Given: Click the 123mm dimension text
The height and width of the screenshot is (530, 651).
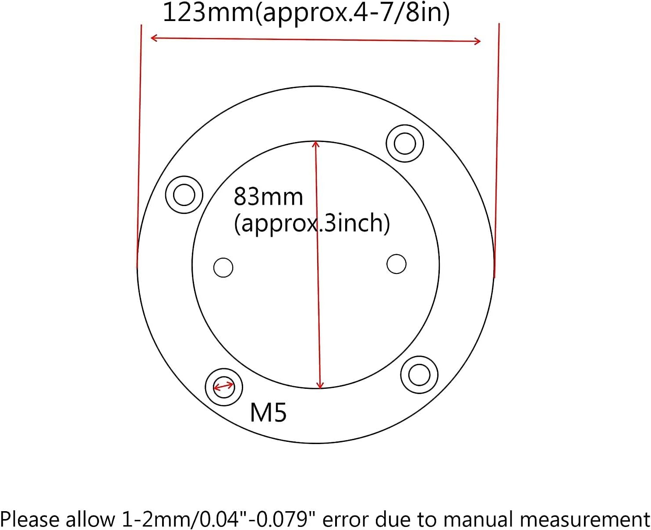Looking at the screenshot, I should coord(306,13).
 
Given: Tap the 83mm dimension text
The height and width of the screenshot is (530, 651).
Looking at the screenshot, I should coord(268,197).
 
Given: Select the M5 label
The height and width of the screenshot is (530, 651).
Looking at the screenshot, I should coord(268,413).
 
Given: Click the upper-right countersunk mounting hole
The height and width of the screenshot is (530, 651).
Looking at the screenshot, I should coord(405,143).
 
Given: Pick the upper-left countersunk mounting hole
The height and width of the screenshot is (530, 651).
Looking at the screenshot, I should coord(184,195).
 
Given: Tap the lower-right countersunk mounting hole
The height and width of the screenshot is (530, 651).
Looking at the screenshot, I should coord(419,375).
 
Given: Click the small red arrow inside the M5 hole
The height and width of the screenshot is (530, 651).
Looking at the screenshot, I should coord(223,386).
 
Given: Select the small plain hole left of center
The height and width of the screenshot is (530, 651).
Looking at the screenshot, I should coord(223,267).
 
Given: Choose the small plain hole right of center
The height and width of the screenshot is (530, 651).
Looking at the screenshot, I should coord(396,264).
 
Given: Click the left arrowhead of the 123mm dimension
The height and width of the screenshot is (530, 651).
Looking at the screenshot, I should coord(154,38).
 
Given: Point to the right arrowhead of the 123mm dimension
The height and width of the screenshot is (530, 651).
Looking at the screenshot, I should coord(477,41).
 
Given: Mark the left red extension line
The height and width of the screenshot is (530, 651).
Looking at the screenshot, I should coord(139,145).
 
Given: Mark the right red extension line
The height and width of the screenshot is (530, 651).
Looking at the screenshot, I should coord(497,149).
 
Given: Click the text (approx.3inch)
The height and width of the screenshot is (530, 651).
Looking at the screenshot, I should coord(311,223).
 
